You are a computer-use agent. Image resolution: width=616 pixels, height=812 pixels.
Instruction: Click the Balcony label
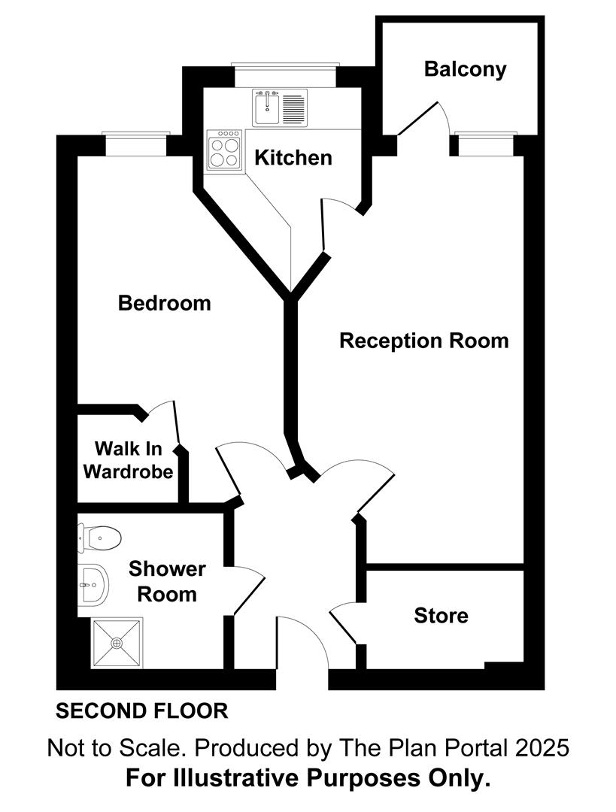465,69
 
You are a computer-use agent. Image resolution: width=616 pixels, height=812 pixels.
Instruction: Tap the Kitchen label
293,158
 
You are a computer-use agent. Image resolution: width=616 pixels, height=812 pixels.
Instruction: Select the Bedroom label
165,304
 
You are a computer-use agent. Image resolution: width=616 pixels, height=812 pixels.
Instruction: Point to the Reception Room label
423,341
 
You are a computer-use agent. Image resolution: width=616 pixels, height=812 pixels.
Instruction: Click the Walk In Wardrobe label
128,461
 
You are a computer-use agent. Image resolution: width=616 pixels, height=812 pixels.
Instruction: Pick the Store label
441,616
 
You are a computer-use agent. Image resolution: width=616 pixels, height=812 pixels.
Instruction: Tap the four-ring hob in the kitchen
225,150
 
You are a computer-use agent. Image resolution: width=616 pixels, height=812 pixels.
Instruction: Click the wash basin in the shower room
94,583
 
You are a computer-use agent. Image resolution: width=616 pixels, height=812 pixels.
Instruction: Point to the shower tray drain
117,644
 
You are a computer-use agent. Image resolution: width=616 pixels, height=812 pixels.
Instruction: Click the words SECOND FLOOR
142,710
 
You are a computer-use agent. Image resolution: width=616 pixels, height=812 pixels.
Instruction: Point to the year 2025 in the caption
538,748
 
